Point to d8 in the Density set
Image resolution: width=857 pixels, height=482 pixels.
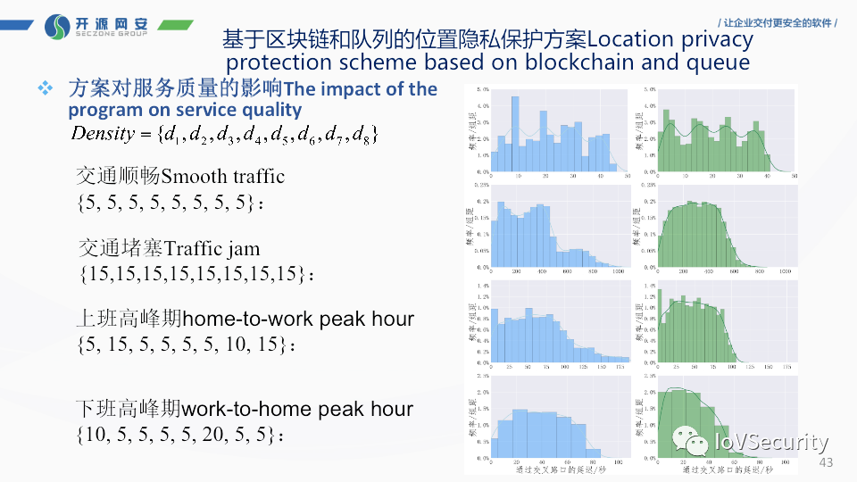click(367, 136)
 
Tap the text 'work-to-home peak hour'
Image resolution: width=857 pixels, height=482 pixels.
click(297, 410)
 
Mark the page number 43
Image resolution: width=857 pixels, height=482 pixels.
click(826, 462)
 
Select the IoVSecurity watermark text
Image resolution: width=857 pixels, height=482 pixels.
click(771, 442)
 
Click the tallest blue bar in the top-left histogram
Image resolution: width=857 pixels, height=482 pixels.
click(515, 133)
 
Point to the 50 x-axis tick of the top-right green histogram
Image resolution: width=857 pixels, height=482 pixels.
click(794, 177)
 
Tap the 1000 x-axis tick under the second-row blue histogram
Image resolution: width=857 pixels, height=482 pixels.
click(619, 270)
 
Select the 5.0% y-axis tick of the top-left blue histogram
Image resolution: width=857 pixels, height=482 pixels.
click(482, 90)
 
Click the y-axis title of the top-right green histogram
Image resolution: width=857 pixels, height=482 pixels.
click(639, 130)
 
